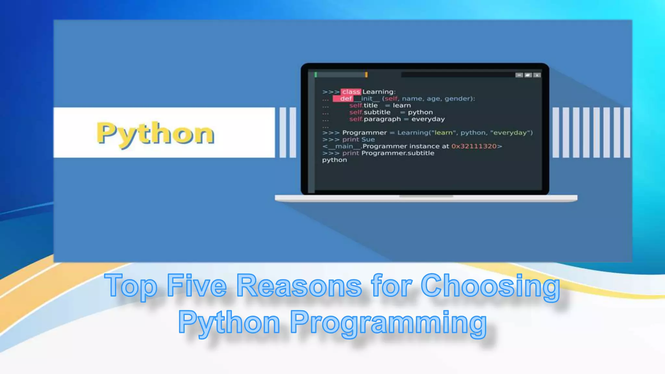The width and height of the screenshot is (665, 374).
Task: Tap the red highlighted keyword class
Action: pos(351,92)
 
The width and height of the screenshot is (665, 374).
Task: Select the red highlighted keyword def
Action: pos(345,99)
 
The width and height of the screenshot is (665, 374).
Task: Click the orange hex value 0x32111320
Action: pos(474,146)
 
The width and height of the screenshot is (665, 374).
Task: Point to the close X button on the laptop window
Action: pos(537,75)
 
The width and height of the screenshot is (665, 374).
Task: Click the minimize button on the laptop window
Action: pos(519,75)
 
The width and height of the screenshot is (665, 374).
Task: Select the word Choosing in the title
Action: pos(490,286)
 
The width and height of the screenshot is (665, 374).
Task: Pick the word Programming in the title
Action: pos(388,322)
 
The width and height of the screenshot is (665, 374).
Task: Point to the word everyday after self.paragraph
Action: pos(428,119)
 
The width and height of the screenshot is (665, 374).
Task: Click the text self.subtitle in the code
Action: pos(370,112)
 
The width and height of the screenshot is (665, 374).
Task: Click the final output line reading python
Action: pos(334,160)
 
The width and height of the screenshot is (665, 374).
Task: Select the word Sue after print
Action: pos(368,140)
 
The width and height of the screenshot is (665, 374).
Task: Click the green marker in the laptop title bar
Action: pos(316,75)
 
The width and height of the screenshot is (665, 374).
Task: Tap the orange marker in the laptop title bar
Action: pos(366,75)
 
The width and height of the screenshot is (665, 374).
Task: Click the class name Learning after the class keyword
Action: pos(378,92)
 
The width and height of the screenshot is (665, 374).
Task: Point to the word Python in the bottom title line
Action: pos(229,322)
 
